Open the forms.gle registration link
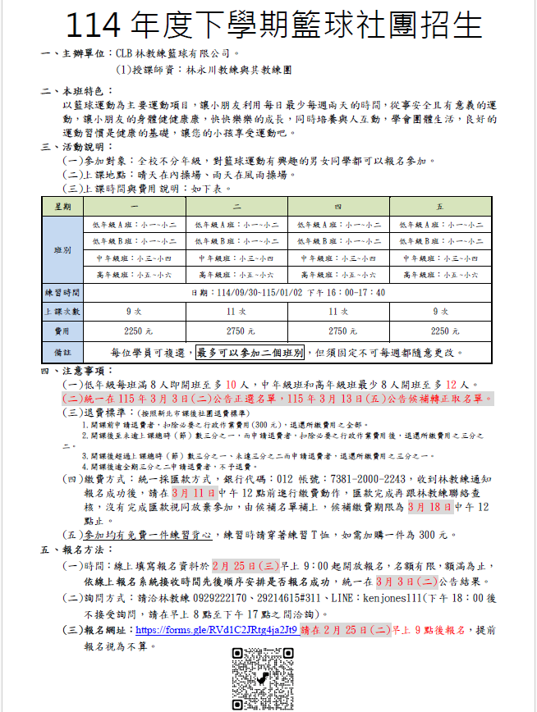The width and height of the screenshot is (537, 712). point(217,630)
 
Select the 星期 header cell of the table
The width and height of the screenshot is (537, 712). point(62,204)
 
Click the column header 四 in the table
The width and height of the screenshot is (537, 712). point(338,204)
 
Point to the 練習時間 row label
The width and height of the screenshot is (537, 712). point(62,293)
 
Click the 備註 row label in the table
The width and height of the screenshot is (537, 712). point(62,353)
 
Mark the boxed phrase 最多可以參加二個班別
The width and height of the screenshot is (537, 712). point(250,353)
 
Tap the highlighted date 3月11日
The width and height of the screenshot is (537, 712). point(194,493)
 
